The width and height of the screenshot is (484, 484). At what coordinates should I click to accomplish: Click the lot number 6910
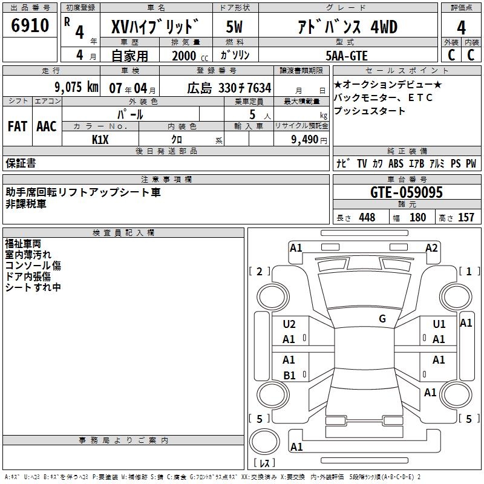30,26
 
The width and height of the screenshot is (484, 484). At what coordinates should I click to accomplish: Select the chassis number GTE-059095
407,192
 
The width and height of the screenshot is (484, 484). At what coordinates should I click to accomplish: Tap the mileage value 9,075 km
76,87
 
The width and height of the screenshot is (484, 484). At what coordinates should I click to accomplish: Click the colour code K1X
100,139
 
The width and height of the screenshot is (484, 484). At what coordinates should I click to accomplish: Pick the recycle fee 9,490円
309,139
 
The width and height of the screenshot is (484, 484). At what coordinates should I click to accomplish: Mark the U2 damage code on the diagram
289,324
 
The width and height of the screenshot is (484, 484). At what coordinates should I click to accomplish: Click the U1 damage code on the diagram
439,324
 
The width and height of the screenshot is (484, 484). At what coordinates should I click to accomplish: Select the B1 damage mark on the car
289,375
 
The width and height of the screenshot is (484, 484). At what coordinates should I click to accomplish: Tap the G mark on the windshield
382,319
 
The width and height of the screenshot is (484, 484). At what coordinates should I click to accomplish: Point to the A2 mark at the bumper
431,247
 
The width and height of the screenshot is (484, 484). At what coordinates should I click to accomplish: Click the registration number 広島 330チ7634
229,88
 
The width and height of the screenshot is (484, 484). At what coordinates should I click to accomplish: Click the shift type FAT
17,126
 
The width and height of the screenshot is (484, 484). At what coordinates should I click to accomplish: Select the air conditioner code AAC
47,126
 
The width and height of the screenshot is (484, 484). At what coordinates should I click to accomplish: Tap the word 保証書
21,163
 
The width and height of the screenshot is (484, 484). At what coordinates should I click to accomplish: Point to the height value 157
466,218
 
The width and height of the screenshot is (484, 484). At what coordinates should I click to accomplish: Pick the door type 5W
234,27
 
